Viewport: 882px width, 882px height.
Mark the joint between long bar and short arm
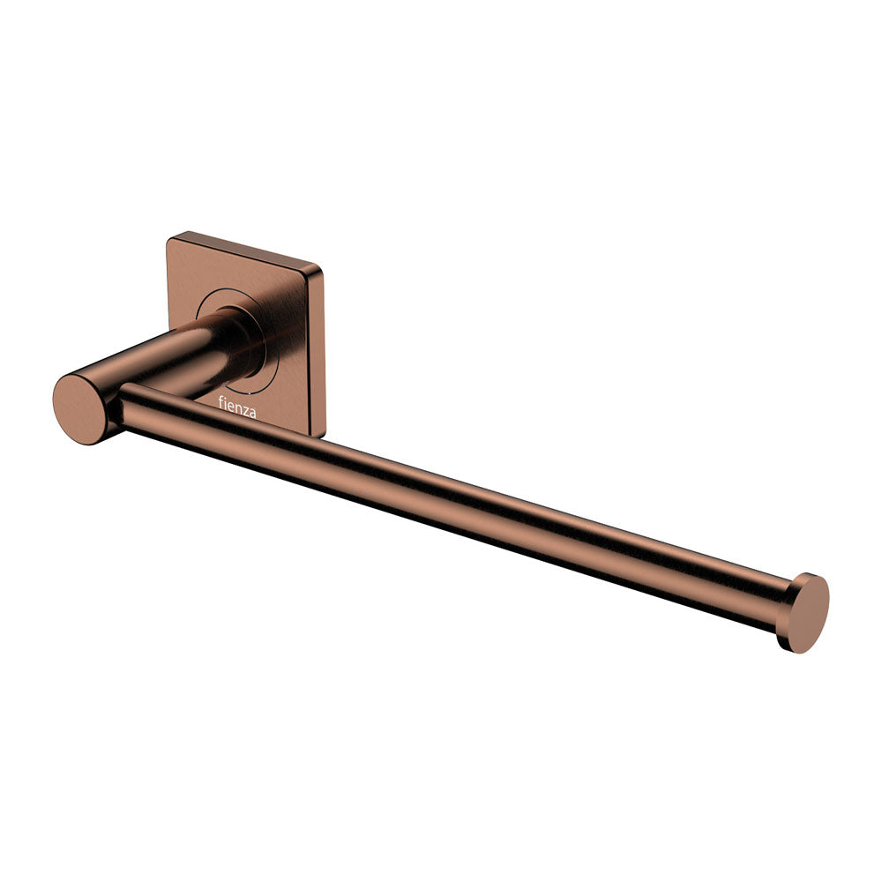click(x=119, y=401)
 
